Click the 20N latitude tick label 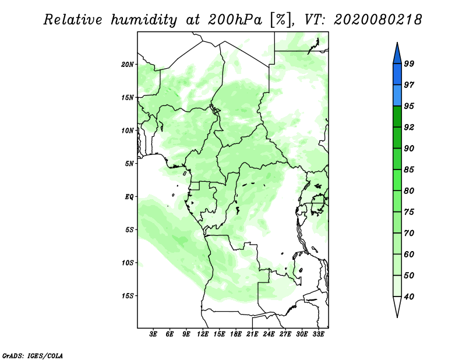[x=128, y=65]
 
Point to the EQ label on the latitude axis [x=129, y=197]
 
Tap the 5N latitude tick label [x=129, y=164]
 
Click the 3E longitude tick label [x=153, y=334]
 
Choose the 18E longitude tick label [x=236, y=334]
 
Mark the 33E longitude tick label [x=318, y=334]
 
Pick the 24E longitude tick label [x=269, y=334]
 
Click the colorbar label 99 [x=409, y=63]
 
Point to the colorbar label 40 [x=409, y=297]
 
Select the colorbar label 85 [x=409, y=170]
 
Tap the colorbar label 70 [x=409, y=233]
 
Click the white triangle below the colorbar [x=397, y=306]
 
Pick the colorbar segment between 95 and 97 [x=397, y=96]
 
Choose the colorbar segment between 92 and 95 [x=397, y=117]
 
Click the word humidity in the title [x=144, y=20]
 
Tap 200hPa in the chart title [x=235, y=20]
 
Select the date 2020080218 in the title [x=377, y=20]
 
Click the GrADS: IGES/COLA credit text [x=33, y=356]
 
